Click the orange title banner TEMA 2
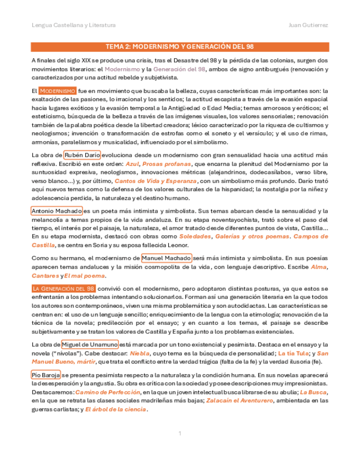(180, 47)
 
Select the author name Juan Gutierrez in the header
(308, 25)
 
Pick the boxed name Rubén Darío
(82, 156)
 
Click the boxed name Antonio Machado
(57, 211)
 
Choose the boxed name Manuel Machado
(167, 258)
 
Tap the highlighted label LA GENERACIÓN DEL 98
(64, 289)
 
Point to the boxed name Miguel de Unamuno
(90, 345)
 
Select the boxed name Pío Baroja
(46, 375)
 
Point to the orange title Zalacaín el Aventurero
(242, 401)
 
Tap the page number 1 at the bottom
(180, 434)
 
